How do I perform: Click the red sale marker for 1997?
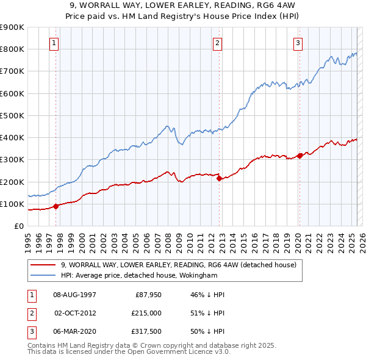pos(56,206)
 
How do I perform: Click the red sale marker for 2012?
pos(219,178)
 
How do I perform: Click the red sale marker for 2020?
pos(300,156)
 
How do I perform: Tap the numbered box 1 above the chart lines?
pos(55,43)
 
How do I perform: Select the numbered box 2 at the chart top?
pos(218,43)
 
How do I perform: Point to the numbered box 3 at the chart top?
pos(298,43)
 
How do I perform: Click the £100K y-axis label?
pos(12,204)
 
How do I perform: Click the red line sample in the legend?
pos(43,265)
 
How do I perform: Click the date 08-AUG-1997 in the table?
pos(75,294)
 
